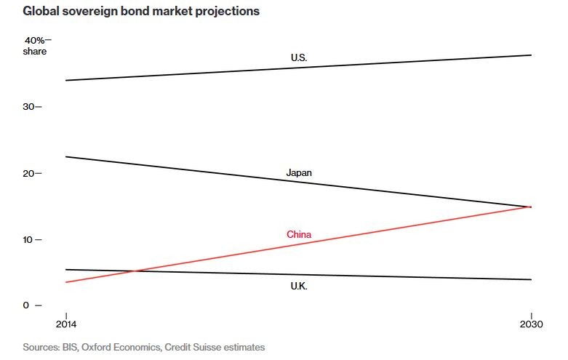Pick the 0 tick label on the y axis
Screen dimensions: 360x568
click(x=27, y=305)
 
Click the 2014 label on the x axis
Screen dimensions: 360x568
click(x=66, y=323)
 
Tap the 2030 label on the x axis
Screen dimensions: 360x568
click(x=531, y=323)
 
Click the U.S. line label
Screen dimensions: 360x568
click(x=299, y=57)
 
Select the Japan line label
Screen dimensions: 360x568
click(x=299, y=173)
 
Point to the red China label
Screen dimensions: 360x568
click(x=299, y=234)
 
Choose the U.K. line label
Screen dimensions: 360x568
click(x=299, y=287)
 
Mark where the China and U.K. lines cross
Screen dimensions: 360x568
click(x=137, y=271)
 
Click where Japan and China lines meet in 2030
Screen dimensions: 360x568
click(x=532, y=207)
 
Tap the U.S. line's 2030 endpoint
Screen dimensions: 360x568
click(x=532, y=55)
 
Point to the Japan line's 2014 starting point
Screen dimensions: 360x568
click(x=66, y=156)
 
